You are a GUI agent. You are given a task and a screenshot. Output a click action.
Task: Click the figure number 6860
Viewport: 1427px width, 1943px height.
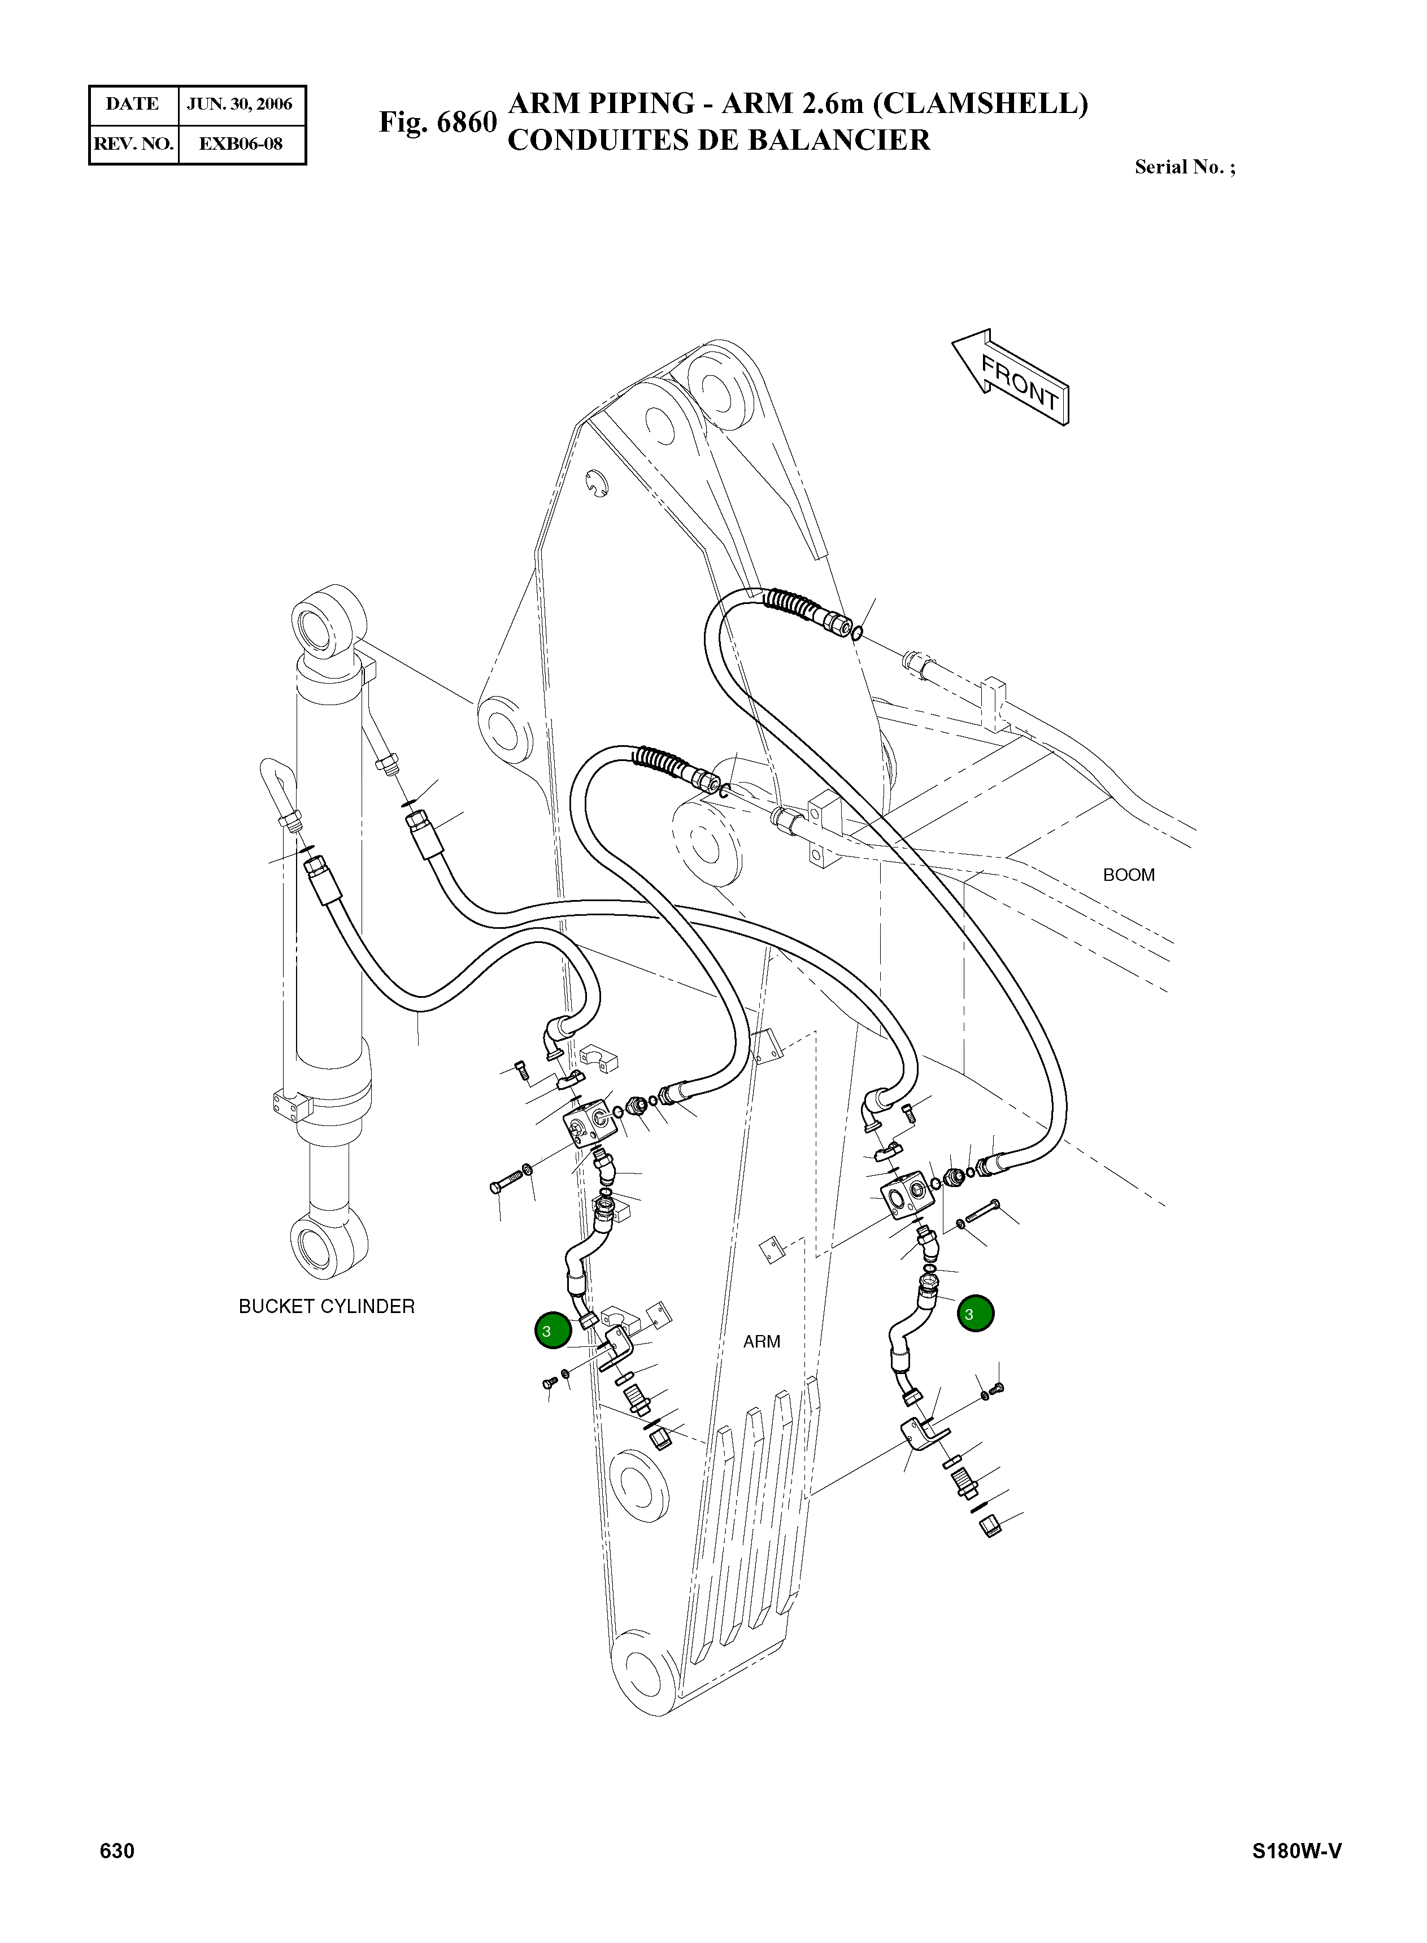pyautogui.click(x=467, y=123)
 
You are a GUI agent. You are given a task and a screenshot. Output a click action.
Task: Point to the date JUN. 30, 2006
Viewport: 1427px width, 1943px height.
pyautogui.click(x=240, y=105)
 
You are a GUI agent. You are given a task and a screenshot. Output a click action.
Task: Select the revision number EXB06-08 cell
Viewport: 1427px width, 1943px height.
pyautogui.click(x=241, y=144)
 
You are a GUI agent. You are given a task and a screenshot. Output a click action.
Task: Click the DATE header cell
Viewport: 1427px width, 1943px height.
pyautogui.click(x=133, y=105)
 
